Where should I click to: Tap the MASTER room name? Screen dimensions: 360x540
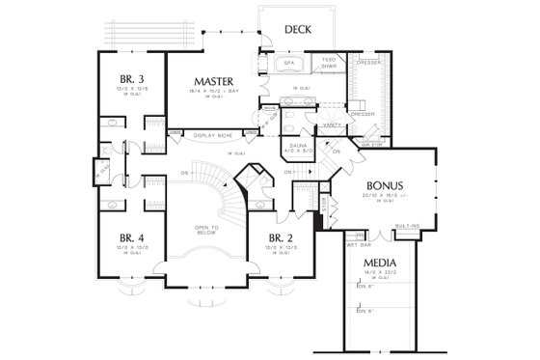click(x=210, y=81)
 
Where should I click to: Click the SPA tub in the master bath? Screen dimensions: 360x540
click(x=288, y=65)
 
